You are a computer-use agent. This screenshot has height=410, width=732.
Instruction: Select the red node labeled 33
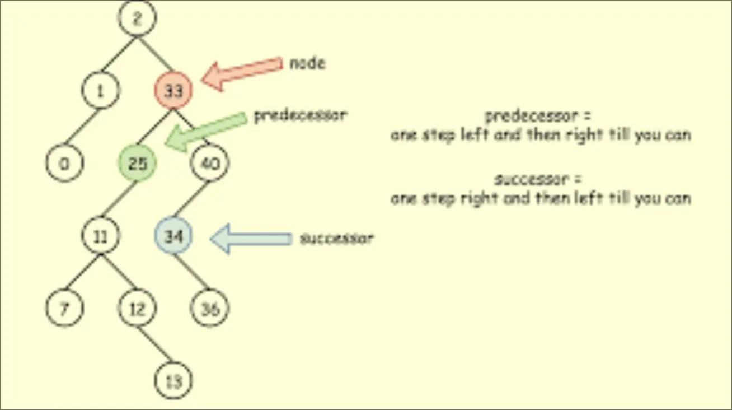click(x=173, y=91)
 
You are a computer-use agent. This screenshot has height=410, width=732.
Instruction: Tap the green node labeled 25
click(x=137, y=164)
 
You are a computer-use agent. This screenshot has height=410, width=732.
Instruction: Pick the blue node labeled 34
click(x=173, y=236)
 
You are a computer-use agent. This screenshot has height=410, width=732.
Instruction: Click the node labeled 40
click(x=210, y=164)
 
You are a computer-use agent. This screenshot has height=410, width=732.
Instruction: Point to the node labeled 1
click(x=101, y=91)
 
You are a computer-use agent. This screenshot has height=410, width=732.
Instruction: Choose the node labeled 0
click(x=64, y=164)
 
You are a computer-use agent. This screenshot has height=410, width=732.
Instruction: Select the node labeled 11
click(x=101, y=236)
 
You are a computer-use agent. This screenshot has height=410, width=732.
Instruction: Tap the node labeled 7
click(x=64, y=309)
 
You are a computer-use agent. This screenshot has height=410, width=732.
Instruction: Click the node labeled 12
click(x=137, y=309)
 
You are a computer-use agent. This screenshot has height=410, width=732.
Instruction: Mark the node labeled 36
click(x=210, y=309)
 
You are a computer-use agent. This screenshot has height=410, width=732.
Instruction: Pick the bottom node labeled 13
click(x=173, y=381)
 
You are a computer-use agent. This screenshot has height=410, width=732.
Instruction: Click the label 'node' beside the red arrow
click(x=307, y=63)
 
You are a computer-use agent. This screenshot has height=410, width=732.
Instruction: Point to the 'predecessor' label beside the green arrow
click(x=301, y=116)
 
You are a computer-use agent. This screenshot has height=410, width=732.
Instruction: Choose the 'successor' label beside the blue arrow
click(x=336, y=239)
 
